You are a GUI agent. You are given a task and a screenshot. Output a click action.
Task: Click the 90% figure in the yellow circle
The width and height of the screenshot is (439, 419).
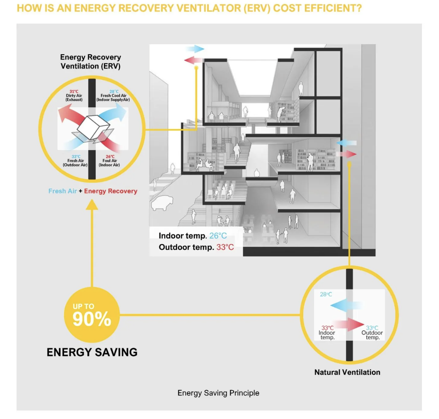click(92, 319)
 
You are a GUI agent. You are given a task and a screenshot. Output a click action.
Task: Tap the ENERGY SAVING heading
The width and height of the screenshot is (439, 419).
click(92, 352)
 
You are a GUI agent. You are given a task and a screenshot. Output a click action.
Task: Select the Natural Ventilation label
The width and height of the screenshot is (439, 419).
click(347, 372)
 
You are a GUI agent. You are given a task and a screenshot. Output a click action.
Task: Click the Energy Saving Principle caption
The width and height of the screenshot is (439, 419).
click(218, 393)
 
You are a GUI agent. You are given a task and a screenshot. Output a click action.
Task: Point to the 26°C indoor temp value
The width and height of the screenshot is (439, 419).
click(218, 236)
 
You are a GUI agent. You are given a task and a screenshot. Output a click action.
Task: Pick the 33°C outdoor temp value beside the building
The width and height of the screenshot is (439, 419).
click(225, 247)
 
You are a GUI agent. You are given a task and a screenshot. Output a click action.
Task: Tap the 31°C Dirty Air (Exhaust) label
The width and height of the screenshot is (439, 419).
click(74, 96)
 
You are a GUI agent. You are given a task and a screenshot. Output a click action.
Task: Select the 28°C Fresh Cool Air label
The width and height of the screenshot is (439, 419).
click(113, 96)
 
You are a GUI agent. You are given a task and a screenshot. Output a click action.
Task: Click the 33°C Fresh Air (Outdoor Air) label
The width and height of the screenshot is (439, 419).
click(75, 161)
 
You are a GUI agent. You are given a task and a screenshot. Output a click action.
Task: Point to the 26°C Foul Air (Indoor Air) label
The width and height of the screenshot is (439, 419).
click(110, 161)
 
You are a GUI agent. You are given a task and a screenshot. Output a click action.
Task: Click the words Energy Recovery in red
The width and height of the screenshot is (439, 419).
click(111, 191)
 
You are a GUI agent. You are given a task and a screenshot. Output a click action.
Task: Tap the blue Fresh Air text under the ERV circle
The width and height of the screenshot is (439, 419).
click(63, 191)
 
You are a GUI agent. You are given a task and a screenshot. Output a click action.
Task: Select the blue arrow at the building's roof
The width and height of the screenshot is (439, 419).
click(195, 49)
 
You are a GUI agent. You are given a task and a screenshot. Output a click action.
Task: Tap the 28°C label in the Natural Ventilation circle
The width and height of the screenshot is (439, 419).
click(326, 294)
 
